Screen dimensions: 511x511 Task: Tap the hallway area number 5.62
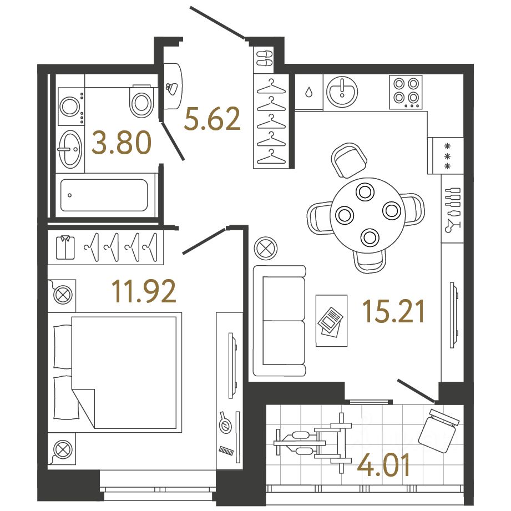point(213,119)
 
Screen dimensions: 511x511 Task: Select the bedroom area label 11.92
point(144,291)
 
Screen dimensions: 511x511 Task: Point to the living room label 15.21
point(393,311)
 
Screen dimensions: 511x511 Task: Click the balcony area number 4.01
point(384,466)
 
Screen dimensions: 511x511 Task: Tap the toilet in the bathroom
point(141,100)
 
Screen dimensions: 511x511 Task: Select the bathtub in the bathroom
point(103,195)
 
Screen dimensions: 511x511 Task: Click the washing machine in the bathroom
point(70,107)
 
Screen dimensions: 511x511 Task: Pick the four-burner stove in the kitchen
point(406,92)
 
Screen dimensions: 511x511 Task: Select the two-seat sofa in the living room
point(280,321)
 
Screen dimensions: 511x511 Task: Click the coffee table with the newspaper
point(331,320)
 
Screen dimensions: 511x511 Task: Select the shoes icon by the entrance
point(264,58)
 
